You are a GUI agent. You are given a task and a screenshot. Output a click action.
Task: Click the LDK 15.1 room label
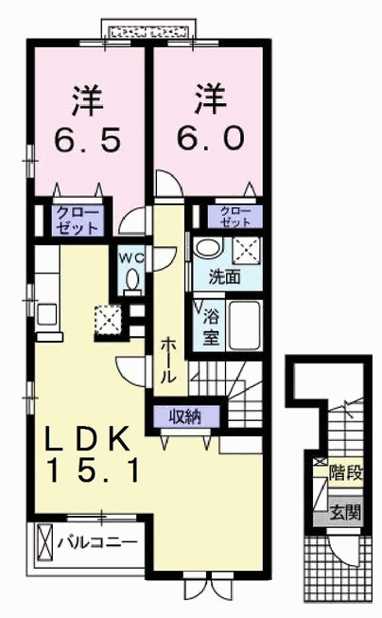88,453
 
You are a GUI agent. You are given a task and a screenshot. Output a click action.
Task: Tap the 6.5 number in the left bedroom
87,141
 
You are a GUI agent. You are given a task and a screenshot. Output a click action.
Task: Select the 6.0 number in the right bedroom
210,139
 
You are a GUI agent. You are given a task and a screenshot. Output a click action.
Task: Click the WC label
131,258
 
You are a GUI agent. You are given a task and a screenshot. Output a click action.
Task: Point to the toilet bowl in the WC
132,279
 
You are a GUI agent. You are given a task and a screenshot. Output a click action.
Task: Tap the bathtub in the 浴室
245,326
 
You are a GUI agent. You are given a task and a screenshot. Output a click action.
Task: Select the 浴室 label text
211,327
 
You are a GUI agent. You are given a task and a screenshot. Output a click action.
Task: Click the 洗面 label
224,277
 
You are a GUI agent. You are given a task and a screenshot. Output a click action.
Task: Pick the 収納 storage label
185,416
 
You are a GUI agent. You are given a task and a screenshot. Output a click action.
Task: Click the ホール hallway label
167,360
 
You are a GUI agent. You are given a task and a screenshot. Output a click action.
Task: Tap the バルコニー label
97,543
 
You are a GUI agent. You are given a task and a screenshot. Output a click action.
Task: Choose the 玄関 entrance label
345,512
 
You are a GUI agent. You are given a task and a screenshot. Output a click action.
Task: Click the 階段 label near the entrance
346,473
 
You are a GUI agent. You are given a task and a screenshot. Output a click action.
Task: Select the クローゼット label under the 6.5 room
77,221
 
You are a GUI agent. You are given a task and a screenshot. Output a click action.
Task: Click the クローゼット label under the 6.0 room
235,217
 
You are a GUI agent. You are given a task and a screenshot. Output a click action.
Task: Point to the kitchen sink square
47,313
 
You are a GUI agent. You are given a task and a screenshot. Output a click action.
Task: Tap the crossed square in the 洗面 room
246,249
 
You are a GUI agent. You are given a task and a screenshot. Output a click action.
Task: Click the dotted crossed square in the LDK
107,320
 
